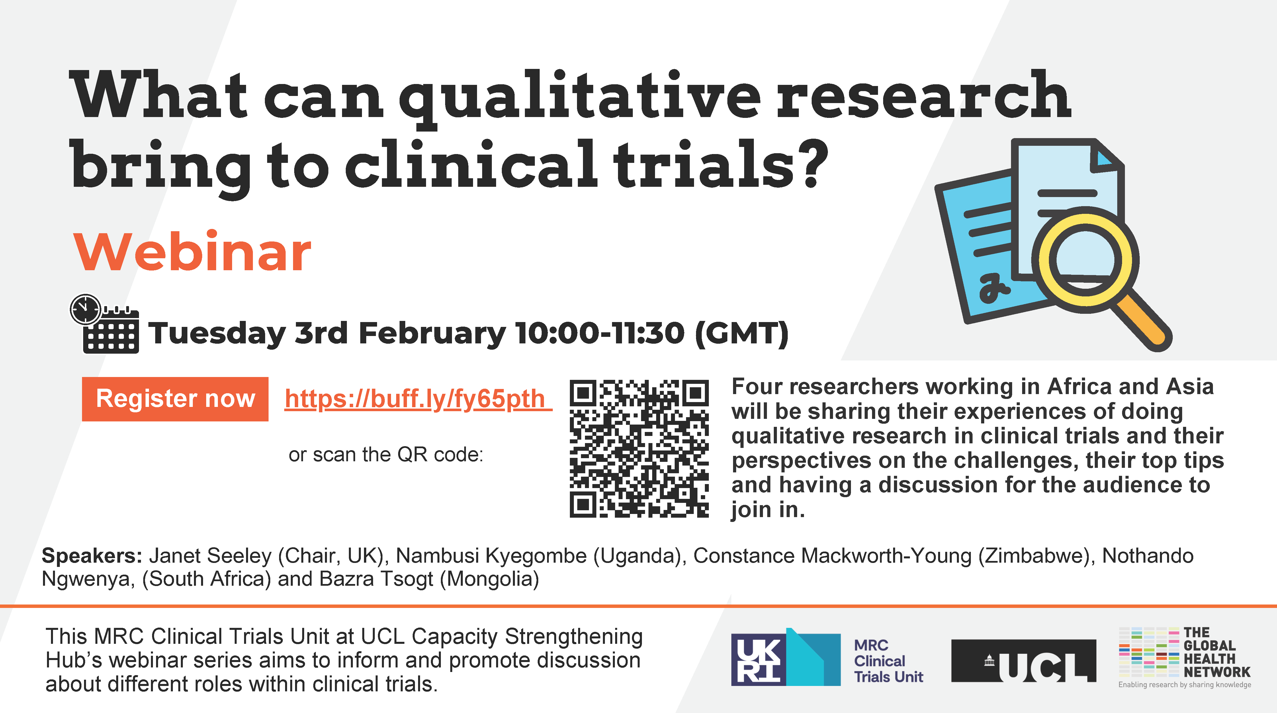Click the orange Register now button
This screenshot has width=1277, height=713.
tap(175, 399)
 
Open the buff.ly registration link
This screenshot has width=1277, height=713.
tap(418, 399)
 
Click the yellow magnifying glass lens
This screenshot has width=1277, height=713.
tap(1085, 259)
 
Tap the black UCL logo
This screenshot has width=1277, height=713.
tap(1024, 661)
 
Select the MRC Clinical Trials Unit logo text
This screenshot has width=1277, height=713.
tap(888, 661)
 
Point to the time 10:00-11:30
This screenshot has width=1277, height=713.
tap(600, 333)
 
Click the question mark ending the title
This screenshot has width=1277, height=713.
tap(813, 163)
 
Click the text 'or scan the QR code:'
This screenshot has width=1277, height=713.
tap(386, 454)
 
